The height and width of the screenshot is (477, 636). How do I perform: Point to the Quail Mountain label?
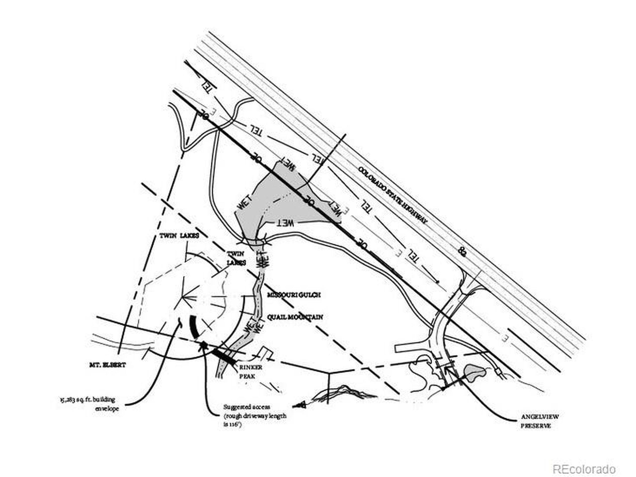click(x=295, y=318)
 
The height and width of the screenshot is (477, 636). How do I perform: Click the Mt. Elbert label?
click(x=108, y=365)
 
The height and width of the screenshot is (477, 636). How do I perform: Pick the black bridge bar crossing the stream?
click(x=225, y=356)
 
